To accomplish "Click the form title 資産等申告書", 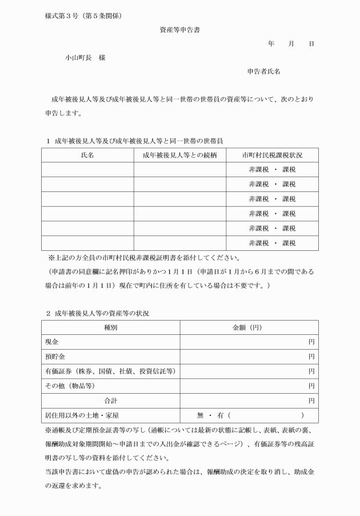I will point(179,30).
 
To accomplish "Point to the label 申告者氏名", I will point(263,71).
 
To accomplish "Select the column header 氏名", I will point(87,155).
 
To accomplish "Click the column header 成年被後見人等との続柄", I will point(179,155).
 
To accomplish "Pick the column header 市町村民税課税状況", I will point(272,155).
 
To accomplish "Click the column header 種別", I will point(110,327).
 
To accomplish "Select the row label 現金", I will point(51,342).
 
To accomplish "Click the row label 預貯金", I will point(55,357).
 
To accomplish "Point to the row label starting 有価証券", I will point(110,371).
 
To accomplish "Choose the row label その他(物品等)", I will point(70,386).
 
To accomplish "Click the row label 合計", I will point(110,401).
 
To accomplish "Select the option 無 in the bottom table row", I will point(200,415).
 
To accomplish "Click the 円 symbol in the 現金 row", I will point(311,342).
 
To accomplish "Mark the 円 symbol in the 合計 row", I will point(311,401).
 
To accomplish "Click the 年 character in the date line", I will point(271,44).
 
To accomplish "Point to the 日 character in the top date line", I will point(311,44).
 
